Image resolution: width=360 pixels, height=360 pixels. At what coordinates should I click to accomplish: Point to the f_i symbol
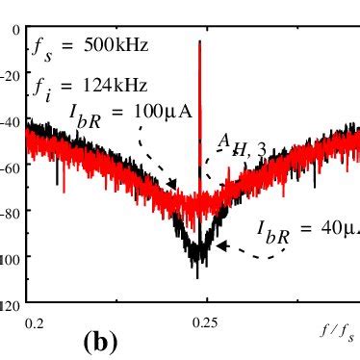click(x=41, y=91)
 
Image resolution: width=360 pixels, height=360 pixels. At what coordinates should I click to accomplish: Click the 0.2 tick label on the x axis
click(x=36, y=324)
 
